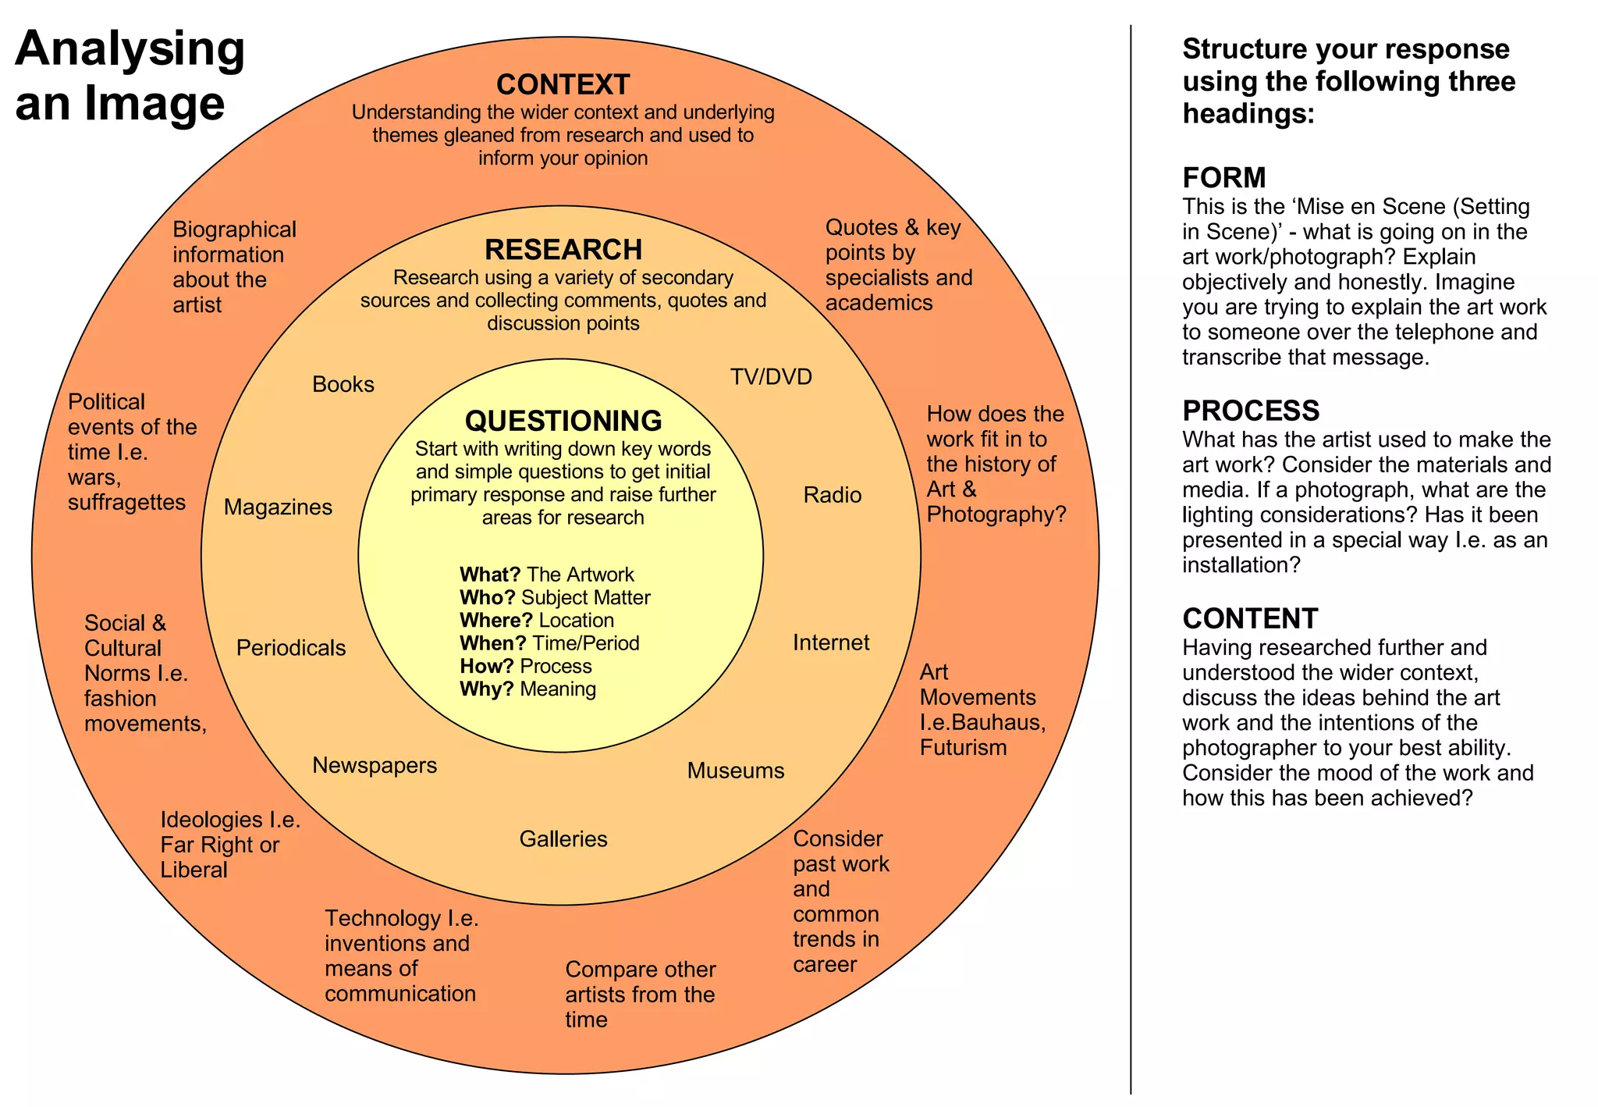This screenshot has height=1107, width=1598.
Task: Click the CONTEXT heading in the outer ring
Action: point(563,84)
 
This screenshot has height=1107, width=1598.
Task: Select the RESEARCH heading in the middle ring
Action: point(563,250)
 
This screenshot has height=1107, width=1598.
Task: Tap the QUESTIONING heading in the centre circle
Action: point(563,421)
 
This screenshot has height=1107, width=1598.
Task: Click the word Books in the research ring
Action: point(343,384)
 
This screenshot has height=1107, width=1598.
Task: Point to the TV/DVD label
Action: point(771,377)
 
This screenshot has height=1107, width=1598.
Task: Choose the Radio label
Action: point(832,495)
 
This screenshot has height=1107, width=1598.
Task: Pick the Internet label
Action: point(830,642)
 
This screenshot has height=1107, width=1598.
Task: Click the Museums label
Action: point(735,771)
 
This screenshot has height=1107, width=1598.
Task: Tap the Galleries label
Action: point(563,839)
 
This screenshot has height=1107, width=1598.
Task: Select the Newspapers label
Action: point(375,765)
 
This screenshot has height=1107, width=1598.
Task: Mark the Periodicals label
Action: point(290,648)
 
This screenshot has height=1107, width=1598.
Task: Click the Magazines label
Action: point(278,507)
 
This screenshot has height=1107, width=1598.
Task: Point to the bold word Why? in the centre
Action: point(486,689)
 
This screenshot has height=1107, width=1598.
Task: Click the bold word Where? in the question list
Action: point(495,621)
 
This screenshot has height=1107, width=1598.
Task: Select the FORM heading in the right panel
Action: point(1223,178)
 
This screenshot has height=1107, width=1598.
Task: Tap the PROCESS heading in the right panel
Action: point(1250,411)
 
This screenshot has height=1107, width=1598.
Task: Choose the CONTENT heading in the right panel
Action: point(1249,618)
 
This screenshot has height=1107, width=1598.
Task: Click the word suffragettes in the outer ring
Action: point(126,502)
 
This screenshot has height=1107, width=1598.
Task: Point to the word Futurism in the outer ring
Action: point(963,748)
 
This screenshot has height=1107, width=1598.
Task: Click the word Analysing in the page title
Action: point(130,48)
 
